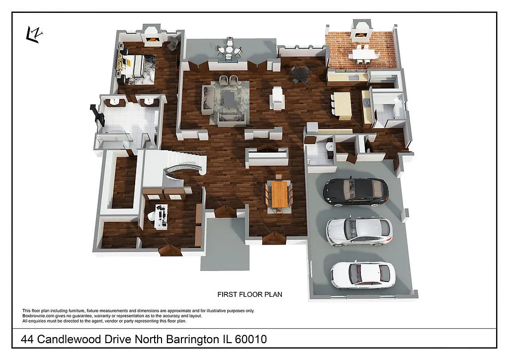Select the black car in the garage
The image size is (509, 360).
click(356, 191)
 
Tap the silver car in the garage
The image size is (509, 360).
click(359, 231)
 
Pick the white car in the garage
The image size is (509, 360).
click(363, 274)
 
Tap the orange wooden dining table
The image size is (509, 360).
click(280, 194)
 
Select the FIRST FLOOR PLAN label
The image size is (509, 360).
click(250, 294)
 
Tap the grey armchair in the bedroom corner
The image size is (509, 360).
click(172, 43)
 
